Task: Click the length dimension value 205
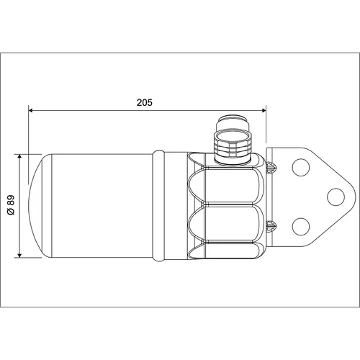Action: (145, 102)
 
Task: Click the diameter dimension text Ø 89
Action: (11, 205)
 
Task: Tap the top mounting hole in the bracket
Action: (301, 167)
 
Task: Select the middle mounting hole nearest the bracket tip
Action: (336, 197)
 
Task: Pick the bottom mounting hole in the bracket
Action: (301, 226)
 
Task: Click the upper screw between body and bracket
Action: (271, 167)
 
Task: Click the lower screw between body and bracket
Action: (271, 226)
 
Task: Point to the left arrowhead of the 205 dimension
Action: (31, 110)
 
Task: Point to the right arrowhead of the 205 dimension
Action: (264, 110)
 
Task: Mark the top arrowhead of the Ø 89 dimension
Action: (19, 157)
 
